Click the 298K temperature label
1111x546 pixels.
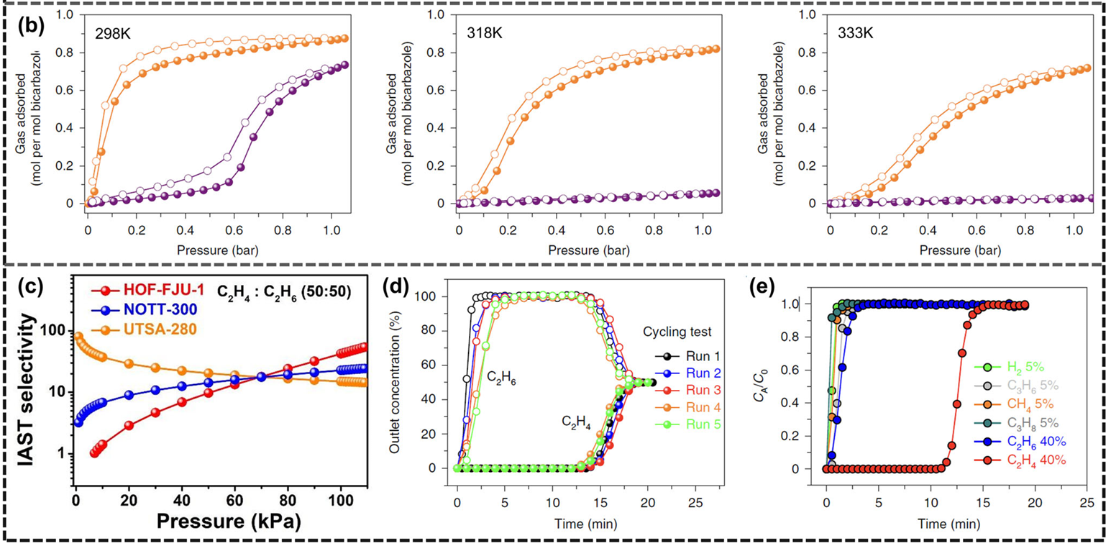point(113,35)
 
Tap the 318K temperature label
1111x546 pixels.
point(484,33)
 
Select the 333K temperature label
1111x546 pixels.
point(856,33)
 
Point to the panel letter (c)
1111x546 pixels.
point(30,288)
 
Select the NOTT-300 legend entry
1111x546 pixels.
point(145,310)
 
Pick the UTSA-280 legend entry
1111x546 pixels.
point(145,329)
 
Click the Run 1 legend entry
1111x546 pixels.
point(687,356)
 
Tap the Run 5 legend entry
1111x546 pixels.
point(687,424)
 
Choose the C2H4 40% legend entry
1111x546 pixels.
point(1020,460)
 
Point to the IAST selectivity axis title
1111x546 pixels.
point(27,390)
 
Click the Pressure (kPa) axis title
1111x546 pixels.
point(229,522)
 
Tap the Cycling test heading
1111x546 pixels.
point(677,332)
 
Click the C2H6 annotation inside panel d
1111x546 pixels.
point(501,378)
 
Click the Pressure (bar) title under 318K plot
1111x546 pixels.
point(589,250)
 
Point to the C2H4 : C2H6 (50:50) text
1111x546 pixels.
point(284,292)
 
